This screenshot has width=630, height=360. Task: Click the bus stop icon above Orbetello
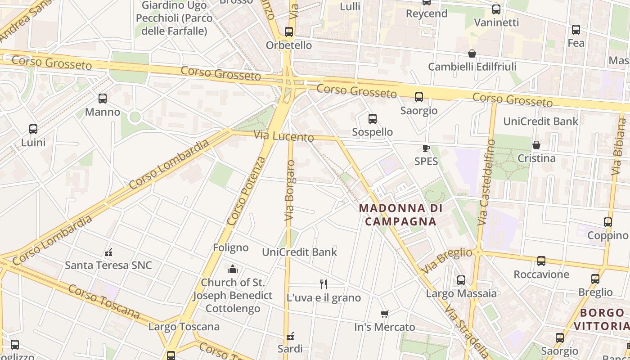(289, 32)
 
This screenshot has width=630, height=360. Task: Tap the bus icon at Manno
(103, 99)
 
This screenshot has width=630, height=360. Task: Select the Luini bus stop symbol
(33, 129)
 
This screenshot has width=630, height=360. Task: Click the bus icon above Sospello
(373, 119)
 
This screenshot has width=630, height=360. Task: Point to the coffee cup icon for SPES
(426, 148)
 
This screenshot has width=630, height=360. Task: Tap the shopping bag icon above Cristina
(536, 145)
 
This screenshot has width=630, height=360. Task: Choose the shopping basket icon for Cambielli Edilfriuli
(472, 54)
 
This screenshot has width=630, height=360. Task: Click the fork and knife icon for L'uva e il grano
(323, 284)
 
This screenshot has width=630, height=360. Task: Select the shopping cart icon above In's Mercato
(384, 314)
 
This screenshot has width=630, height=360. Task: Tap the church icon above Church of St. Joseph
(233, 269)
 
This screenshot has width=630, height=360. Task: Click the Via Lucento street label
(283, 136)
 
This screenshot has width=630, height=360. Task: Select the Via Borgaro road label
(290, 190)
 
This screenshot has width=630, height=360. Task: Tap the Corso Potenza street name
(247, 191)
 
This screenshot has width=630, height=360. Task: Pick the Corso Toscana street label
(104, 301)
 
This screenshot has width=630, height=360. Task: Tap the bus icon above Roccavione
(541, 261)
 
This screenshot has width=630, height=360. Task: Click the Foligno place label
(230, 247)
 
